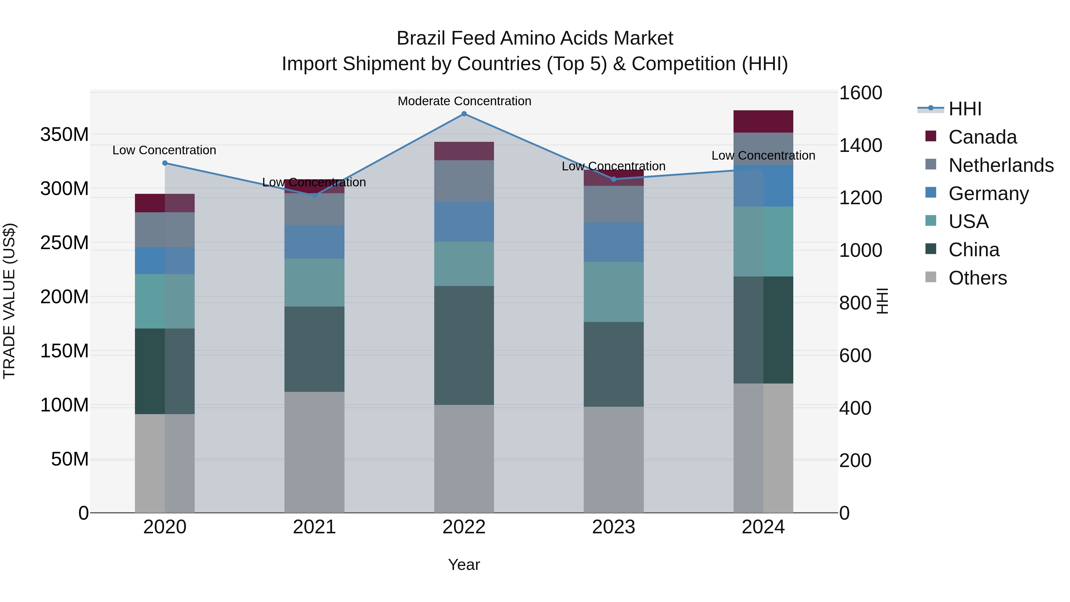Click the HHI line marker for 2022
click(x=464, y=114)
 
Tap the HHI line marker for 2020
click(x=165, y=163)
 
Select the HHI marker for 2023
click(x=613, y=179)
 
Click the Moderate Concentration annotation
click(x=464, y=101)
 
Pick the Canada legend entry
click(x=982, y=137)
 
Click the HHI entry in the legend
click(x=964, y=109)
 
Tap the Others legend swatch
click(x=931, y=277)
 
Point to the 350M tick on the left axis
click(x=64, y=135)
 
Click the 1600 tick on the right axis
click(x=860, y=93)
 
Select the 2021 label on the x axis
click(x=314, y=527)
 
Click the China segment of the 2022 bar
click(x=464, y=345)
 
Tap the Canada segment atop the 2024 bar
click(x=763, y=121)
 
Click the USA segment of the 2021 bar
click(x=314, y=282)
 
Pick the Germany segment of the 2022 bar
click(x=464, y=221)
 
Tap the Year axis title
click(x=464, y=565)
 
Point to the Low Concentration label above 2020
click(x=164, y=150)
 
